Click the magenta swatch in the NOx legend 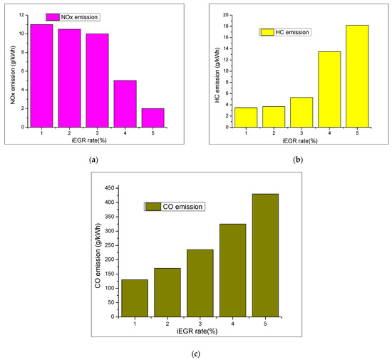coord(53,16)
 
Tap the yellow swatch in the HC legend coord(267,32)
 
